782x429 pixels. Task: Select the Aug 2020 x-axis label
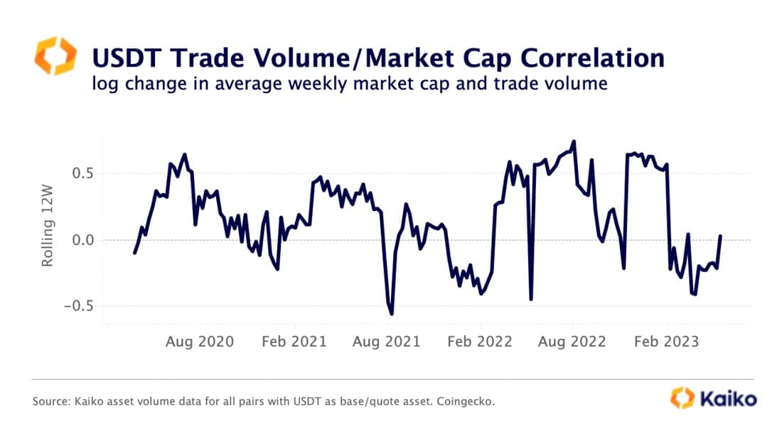point(200,342)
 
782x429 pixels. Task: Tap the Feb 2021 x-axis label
point(294,342)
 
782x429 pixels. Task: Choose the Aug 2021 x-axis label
point(387,342)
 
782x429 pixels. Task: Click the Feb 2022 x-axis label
point(480,342)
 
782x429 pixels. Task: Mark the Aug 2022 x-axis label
point(573,342)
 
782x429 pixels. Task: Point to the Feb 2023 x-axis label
point(666,342)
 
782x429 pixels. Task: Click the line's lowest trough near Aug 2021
point(392,314)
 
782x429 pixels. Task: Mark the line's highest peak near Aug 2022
point(574,141)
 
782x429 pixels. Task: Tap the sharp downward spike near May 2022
point(531,299)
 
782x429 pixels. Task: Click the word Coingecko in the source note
point(465,402)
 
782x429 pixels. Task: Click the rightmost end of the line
point(721,236)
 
